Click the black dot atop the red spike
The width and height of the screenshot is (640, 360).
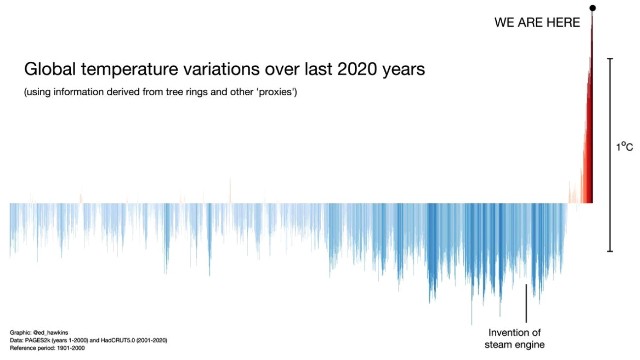pos(593,8)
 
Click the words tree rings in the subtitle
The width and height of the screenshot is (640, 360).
pos(169,92)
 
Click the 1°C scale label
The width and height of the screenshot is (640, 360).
pos(624,147)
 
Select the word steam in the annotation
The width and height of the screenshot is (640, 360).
pos(497,347)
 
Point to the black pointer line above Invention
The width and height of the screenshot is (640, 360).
pos(526,302)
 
